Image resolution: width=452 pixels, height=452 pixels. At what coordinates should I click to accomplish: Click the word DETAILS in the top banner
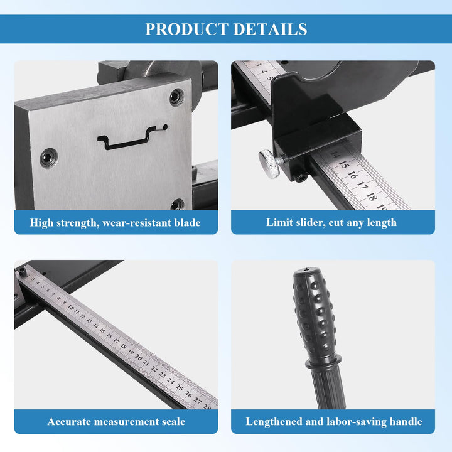tap(270, 29)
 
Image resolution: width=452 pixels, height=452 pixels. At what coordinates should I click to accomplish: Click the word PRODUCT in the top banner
tap(187, 29)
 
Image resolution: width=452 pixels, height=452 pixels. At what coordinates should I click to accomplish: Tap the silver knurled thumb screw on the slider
tap(269, 164)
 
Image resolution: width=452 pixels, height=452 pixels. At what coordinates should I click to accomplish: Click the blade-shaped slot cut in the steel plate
tap(132, 137)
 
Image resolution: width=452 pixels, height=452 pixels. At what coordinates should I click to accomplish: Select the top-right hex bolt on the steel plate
tap(176, 97)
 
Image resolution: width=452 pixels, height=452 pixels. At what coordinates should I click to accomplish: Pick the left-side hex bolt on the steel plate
tap(48, 158)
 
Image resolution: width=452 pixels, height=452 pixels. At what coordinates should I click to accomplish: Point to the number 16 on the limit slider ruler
tap(352, 175)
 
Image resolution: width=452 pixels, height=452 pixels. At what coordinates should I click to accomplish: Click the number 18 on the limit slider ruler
tap(372, 196)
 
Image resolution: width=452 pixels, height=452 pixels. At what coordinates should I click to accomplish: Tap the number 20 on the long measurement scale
tap(138, 357)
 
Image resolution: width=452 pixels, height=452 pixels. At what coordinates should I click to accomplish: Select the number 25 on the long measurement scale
tap(180, 387)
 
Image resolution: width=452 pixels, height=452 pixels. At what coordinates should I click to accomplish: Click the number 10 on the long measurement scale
tap(71, 308)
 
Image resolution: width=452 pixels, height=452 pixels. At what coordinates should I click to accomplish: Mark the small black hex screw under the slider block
tap(301, 178)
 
